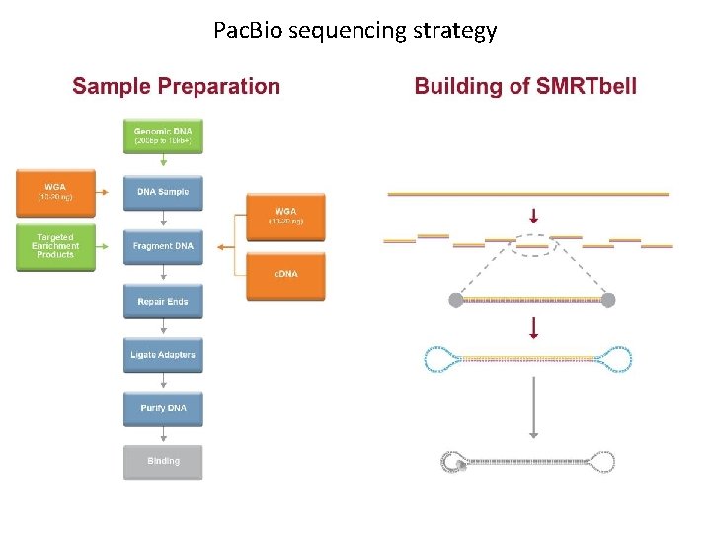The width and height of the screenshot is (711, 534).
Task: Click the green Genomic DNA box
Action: point(163,136)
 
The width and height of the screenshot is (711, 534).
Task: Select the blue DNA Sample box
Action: point(163,191)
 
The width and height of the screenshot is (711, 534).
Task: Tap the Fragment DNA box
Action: point(163,246)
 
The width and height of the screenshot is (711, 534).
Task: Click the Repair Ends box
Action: point(163,301)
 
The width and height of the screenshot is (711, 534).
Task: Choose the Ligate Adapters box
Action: point(163,354)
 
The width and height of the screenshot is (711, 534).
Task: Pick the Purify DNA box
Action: point(163,407)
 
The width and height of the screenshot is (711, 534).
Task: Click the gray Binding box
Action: point(163,461)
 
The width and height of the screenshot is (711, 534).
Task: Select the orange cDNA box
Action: point(285,273)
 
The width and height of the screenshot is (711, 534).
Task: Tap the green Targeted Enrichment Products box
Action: point(55,246)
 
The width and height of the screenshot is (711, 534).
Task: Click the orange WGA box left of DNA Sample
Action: point(55,191)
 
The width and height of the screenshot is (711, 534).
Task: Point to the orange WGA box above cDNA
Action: point(285,217)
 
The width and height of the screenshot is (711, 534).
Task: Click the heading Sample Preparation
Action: point(177,86)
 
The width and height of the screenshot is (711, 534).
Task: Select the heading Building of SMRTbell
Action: point(525,86)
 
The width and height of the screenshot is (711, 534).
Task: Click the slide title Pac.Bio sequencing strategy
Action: point(355,31)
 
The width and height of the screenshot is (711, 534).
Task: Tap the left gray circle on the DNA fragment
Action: point(455,299)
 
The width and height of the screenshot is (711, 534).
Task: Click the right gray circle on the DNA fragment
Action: point(608,299)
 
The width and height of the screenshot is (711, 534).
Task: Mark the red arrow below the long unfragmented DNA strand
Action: point(534,215)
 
